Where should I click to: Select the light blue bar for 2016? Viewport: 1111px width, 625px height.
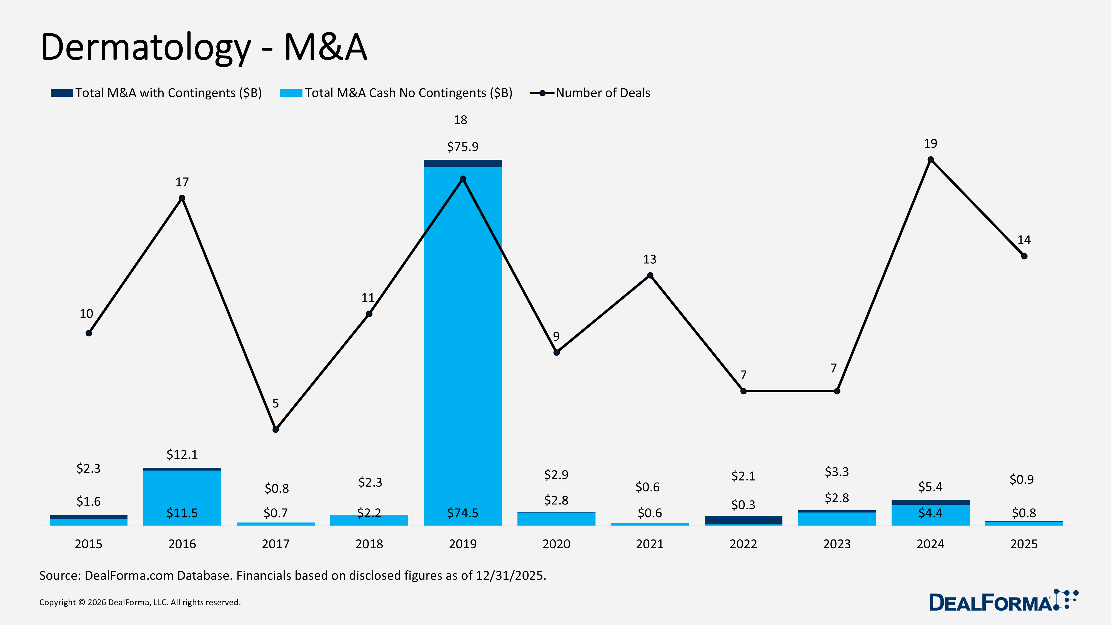(182, 496)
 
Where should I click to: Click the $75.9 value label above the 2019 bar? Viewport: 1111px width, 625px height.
(462, 147)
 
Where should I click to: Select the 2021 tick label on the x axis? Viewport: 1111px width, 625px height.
(650, 544)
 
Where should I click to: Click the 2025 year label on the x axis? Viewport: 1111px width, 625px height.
(1024, 544)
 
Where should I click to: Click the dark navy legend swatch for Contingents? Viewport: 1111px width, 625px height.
(62, 93)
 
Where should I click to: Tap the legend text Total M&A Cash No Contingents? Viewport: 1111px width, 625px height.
(408, 93)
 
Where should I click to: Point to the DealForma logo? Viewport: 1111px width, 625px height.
(1003, 600)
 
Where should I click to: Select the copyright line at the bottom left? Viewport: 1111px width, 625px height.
(140, 602)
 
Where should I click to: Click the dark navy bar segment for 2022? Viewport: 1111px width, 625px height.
(743, 520)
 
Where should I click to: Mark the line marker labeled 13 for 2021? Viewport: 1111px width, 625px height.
(650, 275)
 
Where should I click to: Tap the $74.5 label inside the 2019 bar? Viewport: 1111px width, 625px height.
(462, 513)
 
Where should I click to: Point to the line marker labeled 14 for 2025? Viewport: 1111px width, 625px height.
(1024, 256)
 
